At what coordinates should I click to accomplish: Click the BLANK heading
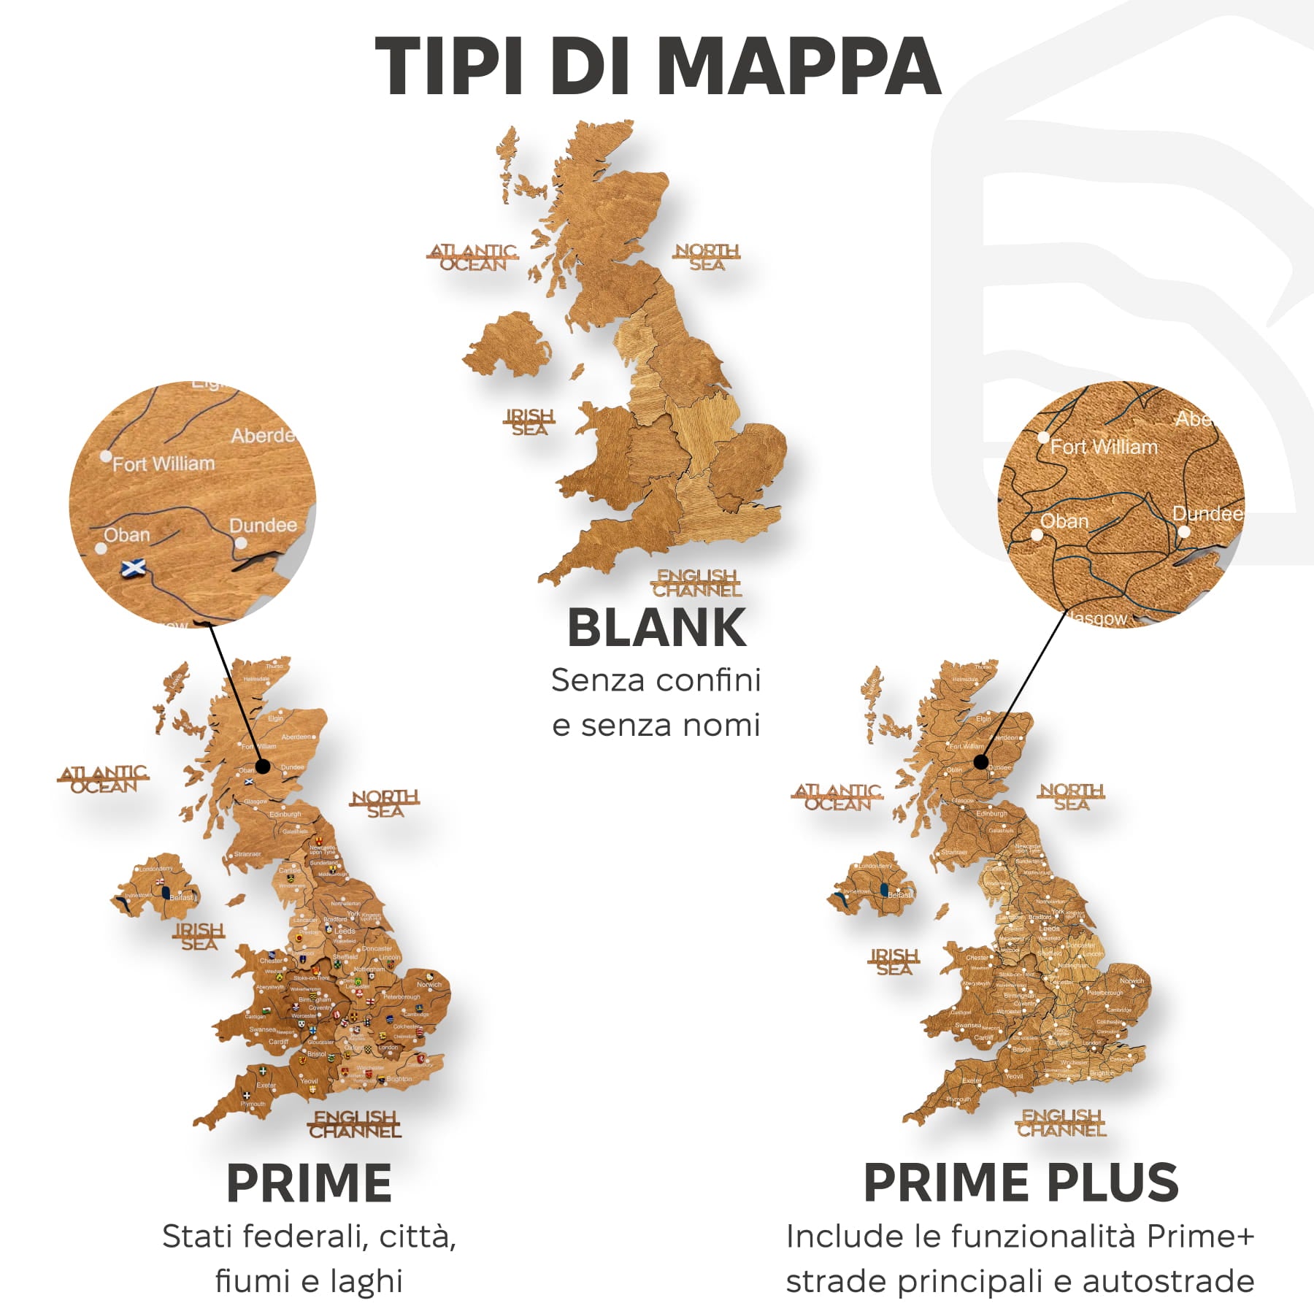point(657,628)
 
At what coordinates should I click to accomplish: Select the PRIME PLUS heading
point(1021,1183)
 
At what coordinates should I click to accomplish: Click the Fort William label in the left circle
point(164,464)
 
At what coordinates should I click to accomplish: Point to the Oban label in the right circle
point(1064,521)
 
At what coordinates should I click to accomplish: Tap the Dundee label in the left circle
point(263,526)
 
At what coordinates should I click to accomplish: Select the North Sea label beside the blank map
point(707,258)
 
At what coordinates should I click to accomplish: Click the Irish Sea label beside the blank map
point(530,423)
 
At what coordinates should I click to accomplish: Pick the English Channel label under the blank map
point(696,583)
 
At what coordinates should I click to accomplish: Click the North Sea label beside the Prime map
point(385,804)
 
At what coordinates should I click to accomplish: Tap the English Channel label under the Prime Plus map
point(1061,1123)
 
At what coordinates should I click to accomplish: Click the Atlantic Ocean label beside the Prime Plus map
point(837,797)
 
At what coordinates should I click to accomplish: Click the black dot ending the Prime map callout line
point(263,766)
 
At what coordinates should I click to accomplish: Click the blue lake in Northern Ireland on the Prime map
point(166,893)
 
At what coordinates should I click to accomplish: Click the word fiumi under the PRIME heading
point(251,1282)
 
